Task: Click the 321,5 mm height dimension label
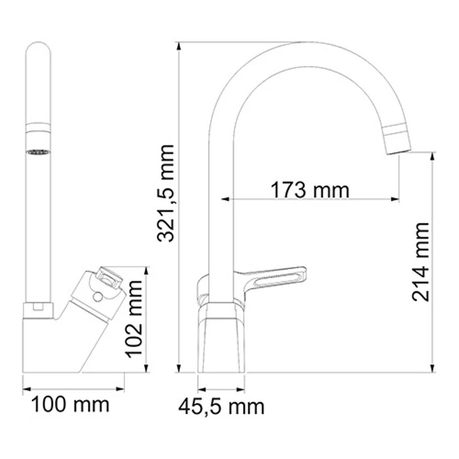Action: tap(167, 193)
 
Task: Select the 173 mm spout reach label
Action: tap(310, 189)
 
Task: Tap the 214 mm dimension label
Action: tap(422, 261)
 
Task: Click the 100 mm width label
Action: tap(70, 405)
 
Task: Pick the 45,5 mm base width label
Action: tap(221, 407)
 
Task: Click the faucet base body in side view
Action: tap(220, 339)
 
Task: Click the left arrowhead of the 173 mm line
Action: tap(225, 199)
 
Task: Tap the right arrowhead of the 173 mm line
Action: tap(395, 199)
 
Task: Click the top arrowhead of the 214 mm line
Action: tap(432, 155)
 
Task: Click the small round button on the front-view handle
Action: tap(96, 297)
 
